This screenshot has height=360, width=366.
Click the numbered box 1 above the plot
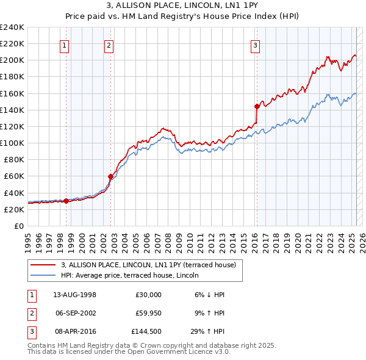point(65,45)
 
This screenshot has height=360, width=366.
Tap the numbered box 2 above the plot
point(109,45)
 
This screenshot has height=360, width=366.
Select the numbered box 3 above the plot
point(255,45)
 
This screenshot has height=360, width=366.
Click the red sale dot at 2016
point(257,106)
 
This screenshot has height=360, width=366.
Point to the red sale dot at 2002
point(110,176)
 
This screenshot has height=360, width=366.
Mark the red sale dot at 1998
point(66,201)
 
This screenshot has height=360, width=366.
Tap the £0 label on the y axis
point(19,226)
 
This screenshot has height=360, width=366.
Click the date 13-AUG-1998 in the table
point(74,295)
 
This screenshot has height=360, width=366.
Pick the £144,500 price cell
point(146,333)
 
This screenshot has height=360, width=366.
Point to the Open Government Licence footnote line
point(129,352)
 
